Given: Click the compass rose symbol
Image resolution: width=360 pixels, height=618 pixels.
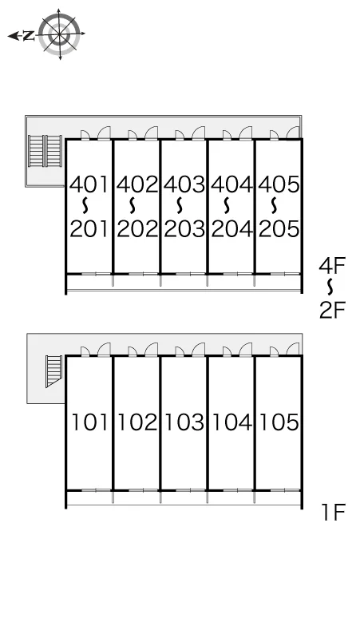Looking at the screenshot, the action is point(60,34).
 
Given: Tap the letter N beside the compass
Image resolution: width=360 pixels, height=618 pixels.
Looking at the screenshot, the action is point(28,36).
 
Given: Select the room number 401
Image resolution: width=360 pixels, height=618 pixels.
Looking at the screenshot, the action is point(89,184).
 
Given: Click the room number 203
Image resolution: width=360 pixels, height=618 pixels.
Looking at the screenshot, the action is point(184,229).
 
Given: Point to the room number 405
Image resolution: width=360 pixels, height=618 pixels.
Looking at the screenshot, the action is point(279,184).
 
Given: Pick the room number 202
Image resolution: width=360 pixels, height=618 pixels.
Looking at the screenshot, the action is point(137,229).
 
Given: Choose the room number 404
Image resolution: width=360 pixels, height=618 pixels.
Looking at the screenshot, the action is point(231,184).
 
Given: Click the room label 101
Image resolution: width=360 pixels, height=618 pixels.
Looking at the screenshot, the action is point(89,422).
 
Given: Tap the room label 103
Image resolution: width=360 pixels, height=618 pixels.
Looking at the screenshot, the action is point(184,422).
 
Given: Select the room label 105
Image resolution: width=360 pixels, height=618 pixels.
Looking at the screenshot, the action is point(279,422).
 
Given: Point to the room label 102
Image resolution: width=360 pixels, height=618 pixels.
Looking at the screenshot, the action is point(137,422).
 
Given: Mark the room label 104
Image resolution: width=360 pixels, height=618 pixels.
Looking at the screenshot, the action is point(231,422).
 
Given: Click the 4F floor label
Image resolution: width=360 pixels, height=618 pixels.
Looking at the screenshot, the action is point(331,265).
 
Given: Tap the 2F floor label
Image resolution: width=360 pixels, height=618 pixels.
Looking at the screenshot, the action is point(332,310).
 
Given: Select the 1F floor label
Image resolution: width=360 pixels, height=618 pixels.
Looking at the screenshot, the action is point(333,512).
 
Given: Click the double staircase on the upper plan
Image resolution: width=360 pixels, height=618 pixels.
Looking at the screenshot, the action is point(45,152).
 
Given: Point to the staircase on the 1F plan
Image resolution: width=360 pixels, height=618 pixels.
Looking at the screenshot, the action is point(53,371).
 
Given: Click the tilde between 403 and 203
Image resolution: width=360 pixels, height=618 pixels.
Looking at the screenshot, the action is point(180,205).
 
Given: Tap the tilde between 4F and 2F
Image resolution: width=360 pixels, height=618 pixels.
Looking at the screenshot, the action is point(331,287).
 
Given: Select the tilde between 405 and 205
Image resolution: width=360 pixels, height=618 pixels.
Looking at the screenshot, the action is point(274,205).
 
